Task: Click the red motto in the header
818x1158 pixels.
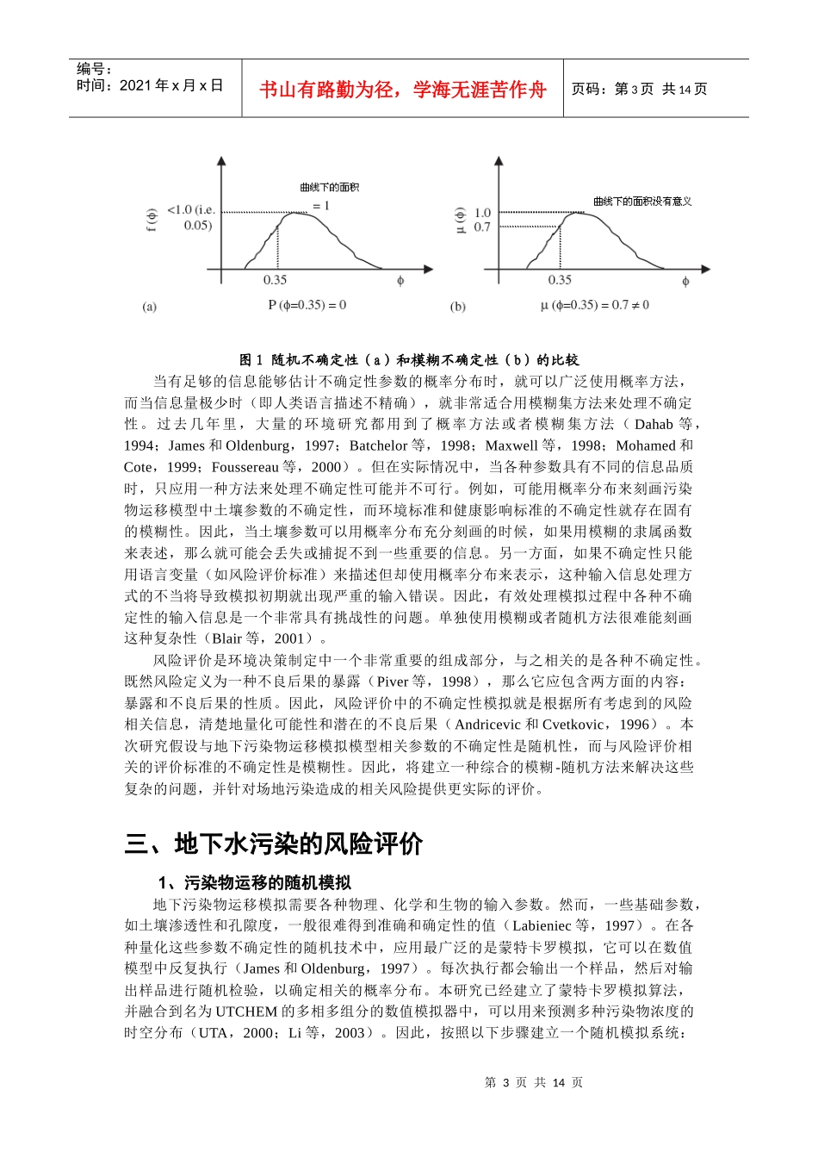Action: click(402, 90)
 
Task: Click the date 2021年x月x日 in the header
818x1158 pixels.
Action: click(150, 85)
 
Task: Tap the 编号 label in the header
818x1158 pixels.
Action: click(95, 69)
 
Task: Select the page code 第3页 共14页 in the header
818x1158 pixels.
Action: click(640, 89)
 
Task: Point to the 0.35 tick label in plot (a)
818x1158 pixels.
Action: click(275, 280)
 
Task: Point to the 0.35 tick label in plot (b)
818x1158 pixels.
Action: click(560, 280)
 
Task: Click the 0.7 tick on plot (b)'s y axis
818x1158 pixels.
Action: click(482, 227)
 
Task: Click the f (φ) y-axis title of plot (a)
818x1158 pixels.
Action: click(152, 221)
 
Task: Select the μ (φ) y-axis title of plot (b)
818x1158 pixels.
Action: click(459, 220)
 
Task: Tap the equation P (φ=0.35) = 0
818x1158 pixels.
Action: click(307, 305)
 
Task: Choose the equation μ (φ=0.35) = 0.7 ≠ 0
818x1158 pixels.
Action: click(595, 305)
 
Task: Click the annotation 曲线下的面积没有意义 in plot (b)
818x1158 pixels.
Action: click(642, 202)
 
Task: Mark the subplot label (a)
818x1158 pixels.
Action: click(150, 307)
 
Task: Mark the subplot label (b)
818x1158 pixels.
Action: click(457, 307)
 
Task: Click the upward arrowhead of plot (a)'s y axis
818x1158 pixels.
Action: click(221, 161)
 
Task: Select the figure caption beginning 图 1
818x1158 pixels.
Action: click(409, 360)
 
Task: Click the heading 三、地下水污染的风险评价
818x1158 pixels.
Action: click(273, 844)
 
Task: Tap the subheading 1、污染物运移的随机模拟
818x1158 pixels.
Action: click(255, 882)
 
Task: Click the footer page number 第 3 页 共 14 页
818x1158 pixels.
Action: click(534, 1082)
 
